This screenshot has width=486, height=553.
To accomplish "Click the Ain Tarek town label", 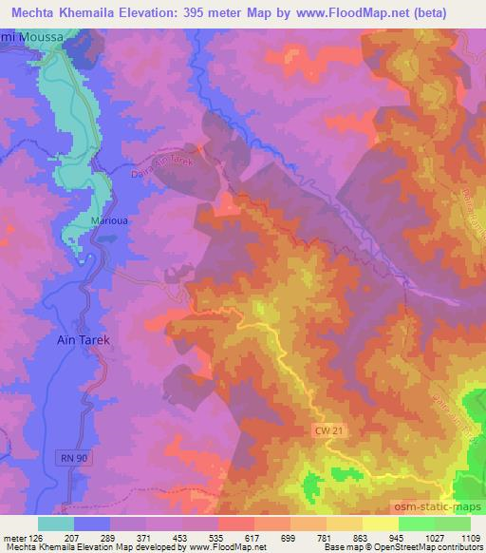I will pos(81,340).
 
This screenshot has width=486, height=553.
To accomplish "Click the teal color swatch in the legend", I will pos(56,523).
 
